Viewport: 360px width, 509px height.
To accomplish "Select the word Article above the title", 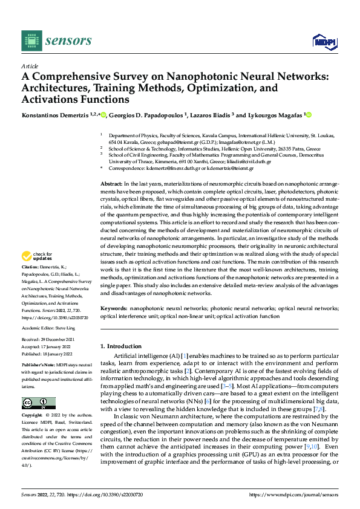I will [x=30, y=66].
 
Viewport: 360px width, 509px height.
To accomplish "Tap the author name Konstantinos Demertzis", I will [x=56, y=114].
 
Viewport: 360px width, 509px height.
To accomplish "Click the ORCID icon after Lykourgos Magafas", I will [x=309, y=114].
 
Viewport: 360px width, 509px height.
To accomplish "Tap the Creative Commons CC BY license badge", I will [x=35, y=403].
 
